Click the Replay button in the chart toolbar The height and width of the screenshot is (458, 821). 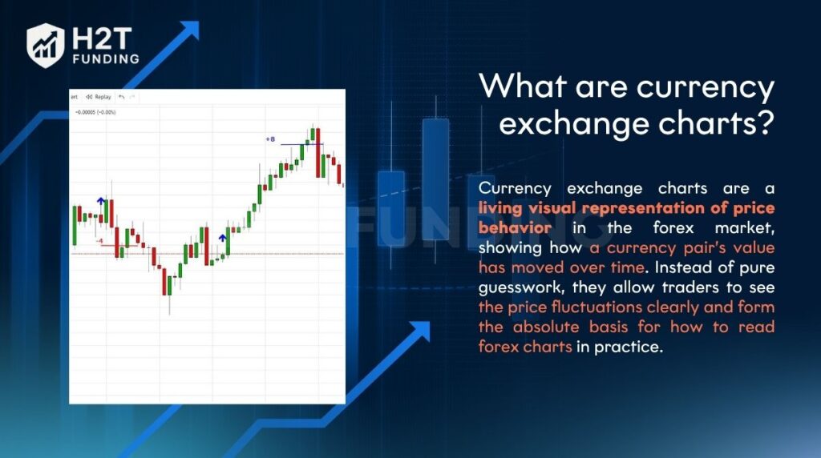[99, 97]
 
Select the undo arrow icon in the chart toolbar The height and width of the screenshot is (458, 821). [121, 97]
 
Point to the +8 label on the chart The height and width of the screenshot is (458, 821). [270, 139]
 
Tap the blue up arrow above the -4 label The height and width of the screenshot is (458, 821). [101, 201]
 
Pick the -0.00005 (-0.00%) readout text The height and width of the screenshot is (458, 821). [95, 112]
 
